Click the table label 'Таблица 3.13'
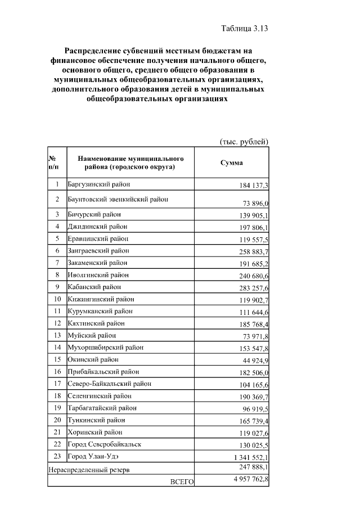(240, 29)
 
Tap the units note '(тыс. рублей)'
(243, 141)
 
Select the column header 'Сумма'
(231, 163)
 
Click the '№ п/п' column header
(55, 163)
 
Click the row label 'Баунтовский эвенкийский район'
(118, 199)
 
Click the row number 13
(57, 335)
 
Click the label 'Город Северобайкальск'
(104, 444)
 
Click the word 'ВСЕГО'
(182, 482)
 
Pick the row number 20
(57, 420)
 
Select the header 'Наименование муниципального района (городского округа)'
(130, 163)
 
